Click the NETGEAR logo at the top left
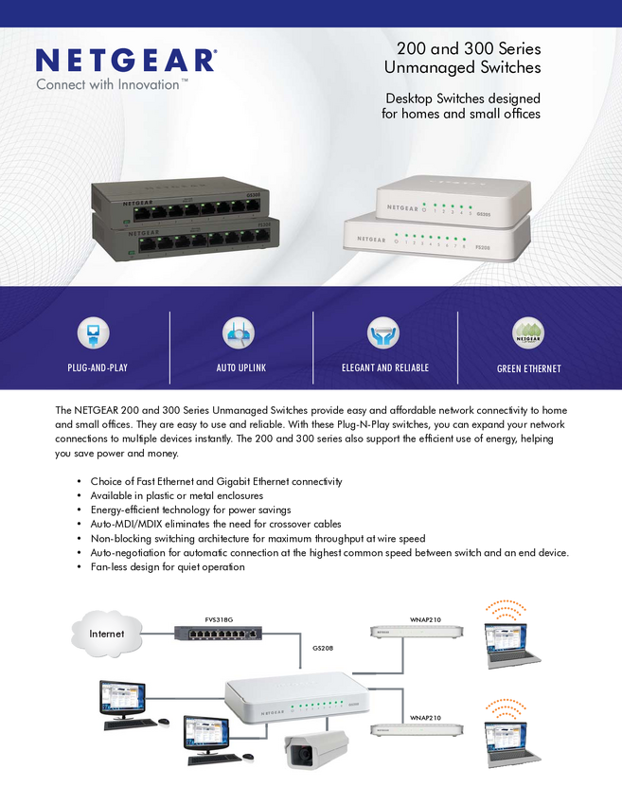[125, 61]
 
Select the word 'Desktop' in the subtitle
[410, 98]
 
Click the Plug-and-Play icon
[93, 333]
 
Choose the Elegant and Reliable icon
[383, 333]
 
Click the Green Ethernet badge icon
[528, 333]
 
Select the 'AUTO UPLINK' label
[240, 367]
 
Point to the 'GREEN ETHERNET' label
[528, 368]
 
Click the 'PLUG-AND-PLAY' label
[98, 367]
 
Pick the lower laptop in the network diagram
[511, 742]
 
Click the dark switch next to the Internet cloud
[219, 634]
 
